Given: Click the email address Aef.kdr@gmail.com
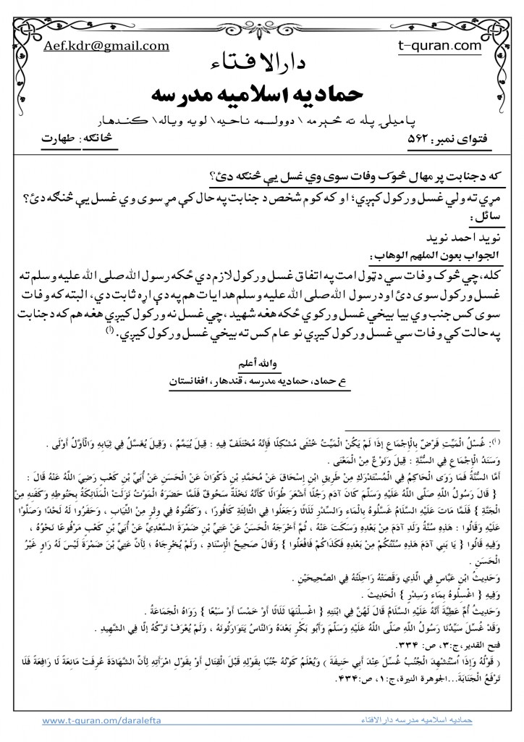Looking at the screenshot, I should coord(106,44).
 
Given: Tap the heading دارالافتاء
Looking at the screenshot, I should coord(263,62).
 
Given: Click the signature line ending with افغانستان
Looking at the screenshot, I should coord(262,379).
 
